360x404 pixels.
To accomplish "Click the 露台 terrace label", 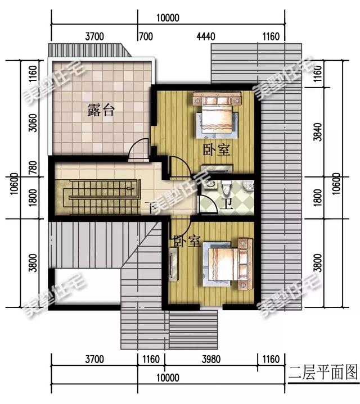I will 101,111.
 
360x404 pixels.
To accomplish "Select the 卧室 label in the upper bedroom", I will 217,150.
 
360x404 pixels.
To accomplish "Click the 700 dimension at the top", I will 146,37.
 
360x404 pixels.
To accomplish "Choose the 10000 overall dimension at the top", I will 168,17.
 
